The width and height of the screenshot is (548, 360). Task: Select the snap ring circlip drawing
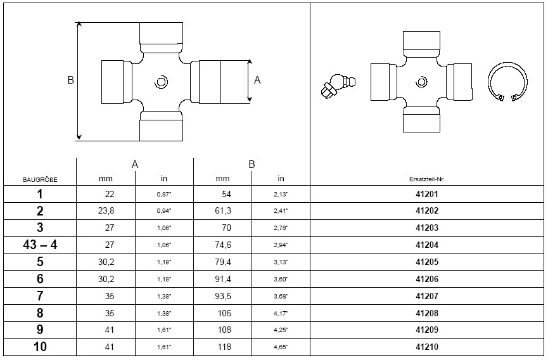pos(507,82)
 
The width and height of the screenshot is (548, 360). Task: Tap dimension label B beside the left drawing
pos(70,80)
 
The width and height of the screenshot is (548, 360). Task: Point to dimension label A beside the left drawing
pos(257,80)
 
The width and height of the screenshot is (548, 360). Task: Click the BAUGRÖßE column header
pos(40,179)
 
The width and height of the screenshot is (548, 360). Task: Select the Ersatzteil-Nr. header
pos(427,179)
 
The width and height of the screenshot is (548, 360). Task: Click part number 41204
pos(427,245)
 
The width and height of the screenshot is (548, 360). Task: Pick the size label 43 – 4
pos(40,245)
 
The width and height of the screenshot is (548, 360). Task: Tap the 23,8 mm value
pos(106,211)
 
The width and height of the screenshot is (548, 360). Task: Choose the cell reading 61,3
pos(223,211)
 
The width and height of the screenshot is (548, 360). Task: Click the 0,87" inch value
pos(164,195)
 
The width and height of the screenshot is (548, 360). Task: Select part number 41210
pos(427,347)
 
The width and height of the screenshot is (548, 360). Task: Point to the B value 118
pos(224,347)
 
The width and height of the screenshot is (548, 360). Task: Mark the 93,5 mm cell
pos(223,296)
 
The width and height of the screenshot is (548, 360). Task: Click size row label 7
pos(40,296)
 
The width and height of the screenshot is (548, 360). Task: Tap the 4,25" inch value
pos(281,330)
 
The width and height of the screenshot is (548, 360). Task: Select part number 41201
pos(427,194)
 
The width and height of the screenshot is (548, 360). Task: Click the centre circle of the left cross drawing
pos(161,82)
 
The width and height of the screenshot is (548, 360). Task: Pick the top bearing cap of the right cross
pos(421,41)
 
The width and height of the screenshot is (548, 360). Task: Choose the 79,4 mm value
pos(223,262)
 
